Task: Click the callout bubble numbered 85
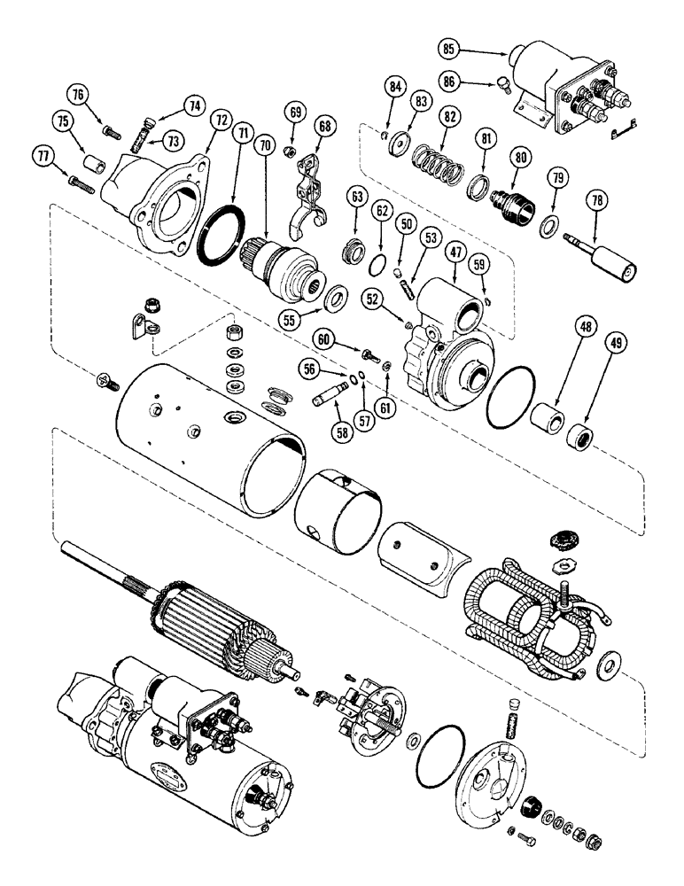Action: point(447,49)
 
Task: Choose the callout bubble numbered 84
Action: point(395,88)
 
